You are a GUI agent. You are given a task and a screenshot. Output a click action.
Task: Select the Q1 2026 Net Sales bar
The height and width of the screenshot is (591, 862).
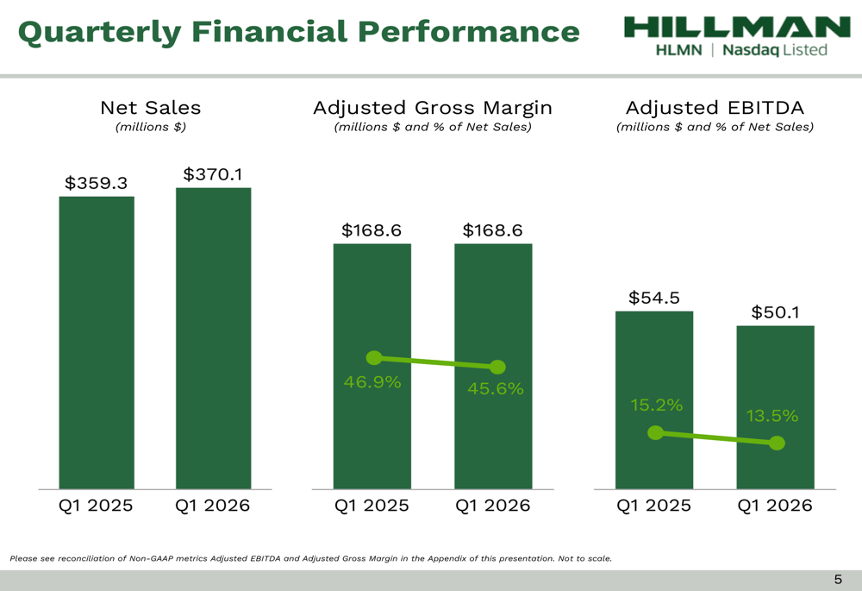pos(213,336)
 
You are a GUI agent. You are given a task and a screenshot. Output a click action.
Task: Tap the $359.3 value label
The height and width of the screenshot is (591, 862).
pos(97,183)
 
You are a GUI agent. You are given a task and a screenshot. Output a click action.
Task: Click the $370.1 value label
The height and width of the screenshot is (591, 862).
pos(213,174)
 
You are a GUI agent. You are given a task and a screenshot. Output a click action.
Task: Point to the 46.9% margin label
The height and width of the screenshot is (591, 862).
pos(372,382)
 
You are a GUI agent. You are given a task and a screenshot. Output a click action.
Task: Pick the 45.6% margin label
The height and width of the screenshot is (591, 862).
pos(496,389)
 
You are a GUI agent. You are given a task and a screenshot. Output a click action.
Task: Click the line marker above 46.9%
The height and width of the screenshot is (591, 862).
pos(374,357)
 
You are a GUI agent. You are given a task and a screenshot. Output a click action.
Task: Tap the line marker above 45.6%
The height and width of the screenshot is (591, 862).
pos(497,368)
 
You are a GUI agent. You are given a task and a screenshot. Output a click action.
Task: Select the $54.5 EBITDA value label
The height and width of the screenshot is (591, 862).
pos(654,298)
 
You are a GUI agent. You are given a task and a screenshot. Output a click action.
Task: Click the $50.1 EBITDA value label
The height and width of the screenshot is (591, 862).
pos(776,312)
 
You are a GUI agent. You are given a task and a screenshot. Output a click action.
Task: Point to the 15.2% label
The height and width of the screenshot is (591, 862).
pos(655,405)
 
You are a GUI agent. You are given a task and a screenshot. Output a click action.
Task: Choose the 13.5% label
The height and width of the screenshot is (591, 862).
pos(772,416)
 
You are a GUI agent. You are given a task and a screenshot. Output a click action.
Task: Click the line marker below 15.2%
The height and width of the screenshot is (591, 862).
pos(656,432)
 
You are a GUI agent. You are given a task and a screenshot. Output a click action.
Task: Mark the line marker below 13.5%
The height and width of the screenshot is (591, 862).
pos(777,443)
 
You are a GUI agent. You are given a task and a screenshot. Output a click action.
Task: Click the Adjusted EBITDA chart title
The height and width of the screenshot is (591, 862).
pos(715,108)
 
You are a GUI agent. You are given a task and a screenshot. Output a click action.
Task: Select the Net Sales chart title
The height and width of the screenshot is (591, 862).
pos(151,108)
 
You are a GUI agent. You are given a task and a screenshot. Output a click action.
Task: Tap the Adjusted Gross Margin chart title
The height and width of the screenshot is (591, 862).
pos(432,108)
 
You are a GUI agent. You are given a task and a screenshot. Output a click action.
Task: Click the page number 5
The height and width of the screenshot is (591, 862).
pos(838,580)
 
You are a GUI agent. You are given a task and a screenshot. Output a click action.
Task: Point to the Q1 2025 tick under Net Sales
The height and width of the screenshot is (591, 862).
pos(96,506)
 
